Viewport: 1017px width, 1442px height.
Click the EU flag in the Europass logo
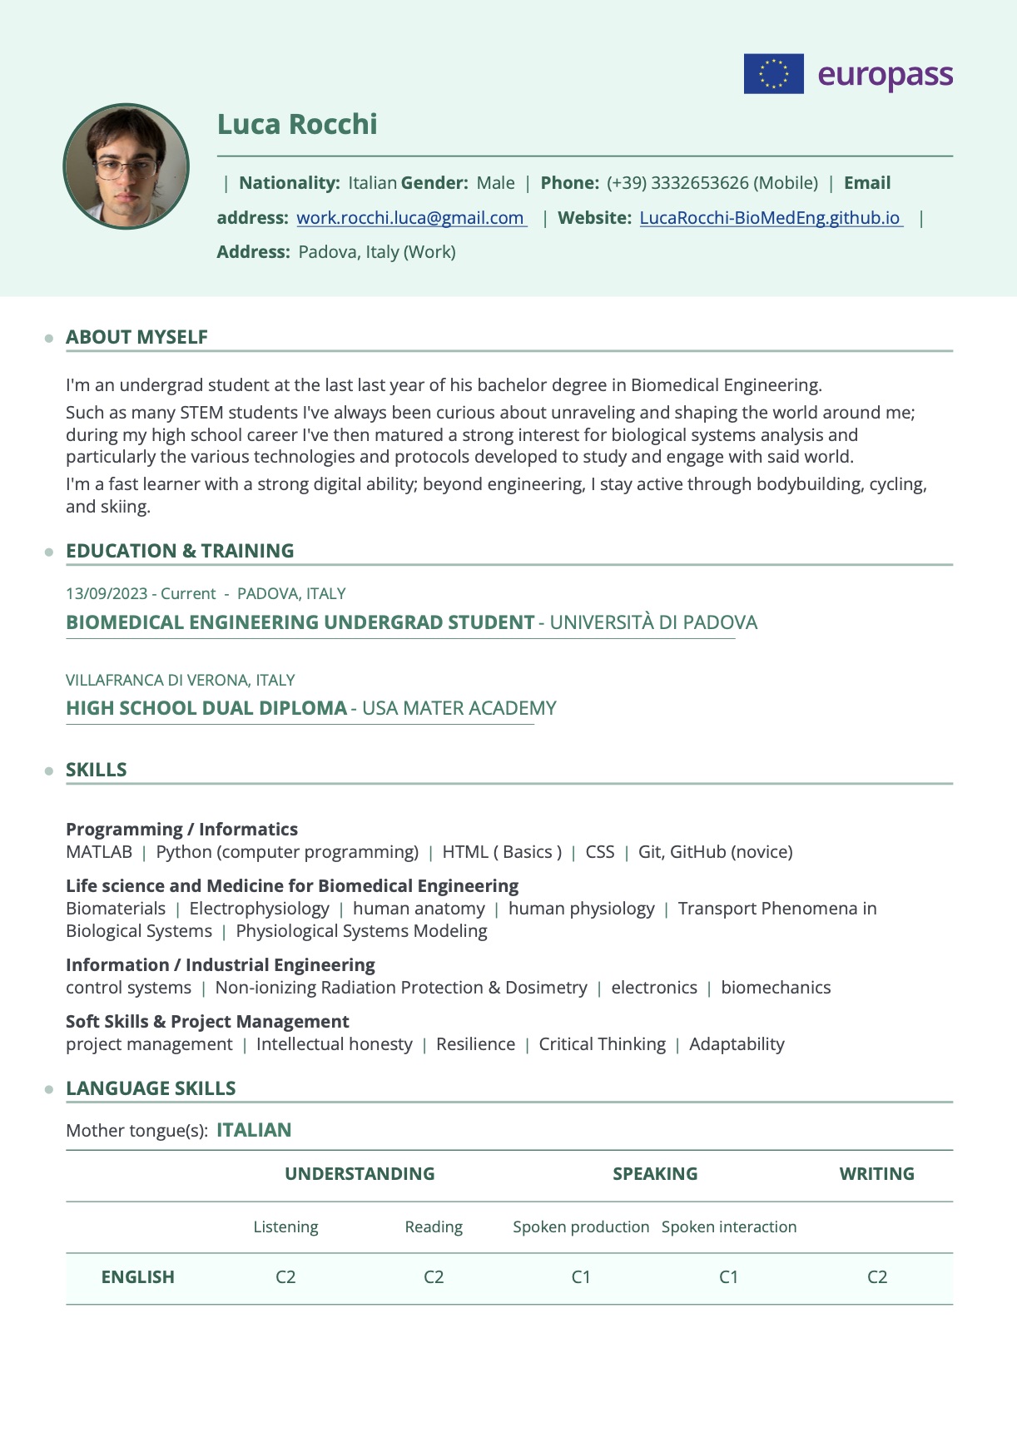[x=773, y=73]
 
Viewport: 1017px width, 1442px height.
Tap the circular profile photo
[x=127, y=166]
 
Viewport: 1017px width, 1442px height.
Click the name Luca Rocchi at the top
[x=297, y=124]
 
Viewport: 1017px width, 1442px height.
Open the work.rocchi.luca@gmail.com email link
[x=411, y=218]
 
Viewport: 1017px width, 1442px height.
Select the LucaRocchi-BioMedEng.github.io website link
[x=771, y=218]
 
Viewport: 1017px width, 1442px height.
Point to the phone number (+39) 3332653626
[x=712, y=183]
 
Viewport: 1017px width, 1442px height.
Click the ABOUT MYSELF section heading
[x=136, y=337]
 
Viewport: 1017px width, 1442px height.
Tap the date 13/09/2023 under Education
[x=107, y=593]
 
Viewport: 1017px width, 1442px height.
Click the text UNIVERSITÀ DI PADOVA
[x=653, y=622]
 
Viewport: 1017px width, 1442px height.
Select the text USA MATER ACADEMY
[x=459, y=708]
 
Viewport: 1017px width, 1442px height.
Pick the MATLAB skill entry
[x=99, y=852]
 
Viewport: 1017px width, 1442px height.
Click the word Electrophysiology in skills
[x=259, y=909]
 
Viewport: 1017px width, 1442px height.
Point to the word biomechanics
[x=776, y=988]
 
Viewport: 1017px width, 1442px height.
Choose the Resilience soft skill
[x=475, y=1044]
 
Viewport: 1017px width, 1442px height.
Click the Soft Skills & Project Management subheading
[x=207, y=1022]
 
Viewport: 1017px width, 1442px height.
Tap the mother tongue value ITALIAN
[x=254, y=1130]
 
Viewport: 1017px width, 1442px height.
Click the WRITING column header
[x=876, y=1174]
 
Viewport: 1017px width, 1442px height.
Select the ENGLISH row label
[x=138, y=1277]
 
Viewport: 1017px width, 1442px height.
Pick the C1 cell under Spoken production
[x=581, y=1277]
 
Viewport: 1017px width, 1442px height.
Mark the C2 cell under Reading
[x=434, y=1277]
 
